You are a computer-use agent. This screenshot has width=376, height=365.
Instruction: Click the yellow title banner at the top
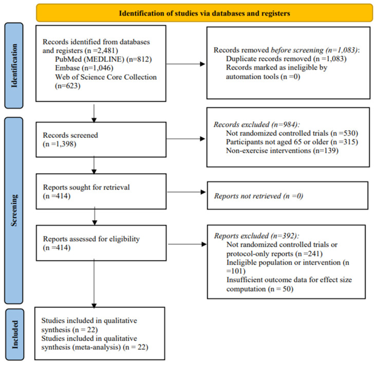click(x=204, y=13)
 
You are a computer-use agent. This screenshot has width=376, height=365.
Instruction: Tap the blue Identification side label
click(x=14, y=65)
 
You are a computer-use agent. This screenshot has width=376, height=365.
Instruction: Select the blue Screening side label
click(x=14, y=210)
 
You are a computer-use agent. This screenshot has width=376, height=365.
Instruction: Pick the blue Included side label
click(x=14, y=335)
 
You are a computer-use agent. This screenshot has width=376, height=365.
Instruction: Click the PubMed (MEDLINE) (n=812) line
click(x=103, y=59)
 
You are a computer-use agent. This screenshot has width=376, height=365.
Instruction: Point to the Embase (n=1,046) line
click(x=84, y=68)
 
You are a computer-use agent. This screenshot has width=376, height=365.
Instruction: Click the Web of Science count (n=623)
click(x=68, y=86)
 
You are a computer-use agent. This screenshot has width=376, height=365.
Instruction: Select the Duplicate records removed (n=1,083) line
click(x=286, y=59)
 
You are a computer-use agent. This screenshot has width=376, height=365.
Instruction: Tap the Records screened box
click(x=101, y=140)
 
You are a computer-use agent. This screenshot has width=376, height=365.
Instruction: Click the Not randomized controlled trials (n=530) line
click(x=292, y=133)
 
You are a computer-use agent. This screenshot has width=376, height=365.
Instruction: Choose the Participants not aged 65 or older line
click(x=292, y=142)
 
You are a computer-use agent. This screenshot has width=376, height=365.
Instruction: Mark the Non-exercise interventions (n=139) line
click(x=282, y=151)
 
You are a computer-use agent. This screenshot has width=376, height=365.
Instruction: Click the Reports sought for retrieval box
click(x=101, y=192)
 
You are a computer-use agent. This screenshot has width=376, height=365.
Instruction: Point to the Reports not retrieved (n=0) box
click(x=288, y=195)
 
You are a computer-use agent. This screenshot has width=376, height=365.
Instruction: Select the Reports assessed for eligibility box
click(x=101, y=243)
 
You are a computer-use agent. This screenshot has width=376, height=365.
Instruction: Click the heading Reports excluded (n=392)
click(x=257, y=236)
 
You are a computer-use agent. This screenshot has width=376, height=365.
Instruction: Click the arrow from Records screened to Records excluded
click(x=185, y=139)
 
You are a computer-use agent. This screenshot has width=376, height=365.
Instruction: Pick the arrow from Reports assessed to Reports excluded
click(x=187, y=244)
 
